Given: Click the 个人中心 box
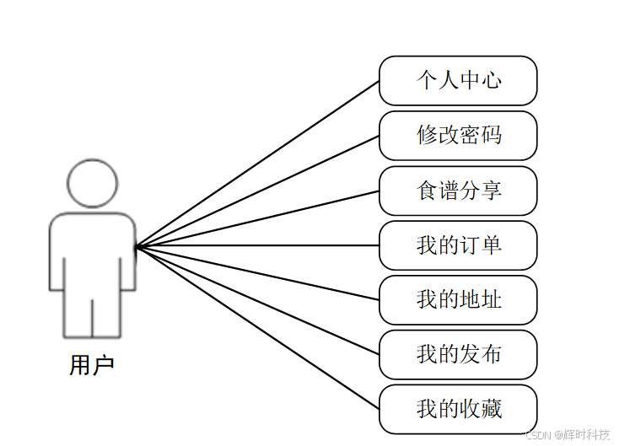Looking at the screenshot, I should pos(458,81).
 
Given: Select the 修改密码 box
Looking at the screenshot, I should pos(458,136).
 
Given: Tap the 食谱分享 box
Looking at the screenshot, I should pos(458,191).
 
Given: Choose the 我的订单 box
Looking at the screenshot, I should pos(458,245).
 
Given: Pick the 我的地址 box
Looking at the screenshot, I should pos(458,300).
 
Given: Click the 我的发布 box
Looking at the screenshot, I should pos(458,355).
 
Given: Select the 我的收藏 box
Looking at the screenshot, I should pos(458,410).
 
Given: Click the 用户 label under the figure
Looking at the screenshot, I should pos(91,366).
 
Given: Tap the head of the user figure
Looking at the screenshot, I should pos(92,183).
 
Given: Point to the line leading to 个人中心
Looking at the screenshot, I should pos(257,164).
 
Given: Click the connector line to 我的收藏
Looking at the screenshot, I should pos(257,328).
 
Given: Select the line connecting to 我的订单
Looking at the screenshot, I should pos(257,246).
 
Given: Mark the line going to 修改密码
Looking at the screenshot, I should pos(257,191).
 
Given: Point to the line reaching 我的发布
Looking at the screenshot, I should pos(257,300).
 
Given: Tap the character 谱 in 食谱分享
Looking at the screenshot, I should pos(449,191).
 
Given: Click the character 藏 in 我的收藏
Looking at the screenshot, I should pos(491,410).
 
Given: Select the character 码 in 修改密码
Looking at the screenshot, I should pos(491,136).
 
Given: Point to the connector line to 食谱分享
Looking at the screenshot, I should pos(257,218).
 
